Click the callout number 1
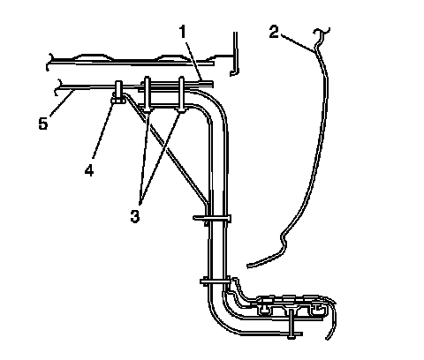183,32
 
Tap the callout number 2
274,32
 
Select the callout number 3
135,217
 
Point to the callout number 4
89,170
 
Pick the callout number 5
43,124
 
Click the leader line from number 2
298,43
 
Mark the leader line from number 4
102,129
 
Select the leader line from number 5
61,104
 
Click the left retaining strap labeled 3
148,94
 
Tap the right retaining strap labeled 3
182,94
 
